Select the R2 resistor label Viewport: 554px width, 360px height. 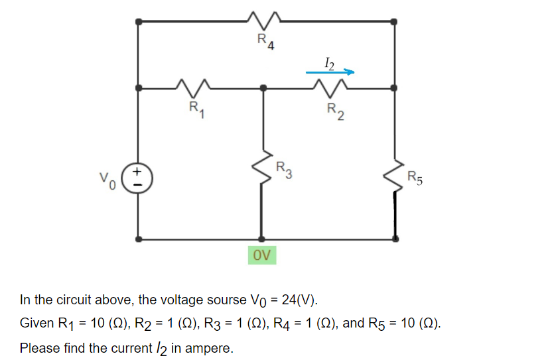335,113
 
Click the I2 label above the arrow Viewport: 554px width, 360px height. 330,62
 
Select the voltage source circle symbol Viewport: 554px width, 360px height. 138,180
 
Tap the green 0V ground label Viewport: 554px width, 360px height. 263,255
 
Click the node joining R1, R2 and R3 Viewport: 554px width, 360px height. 263,88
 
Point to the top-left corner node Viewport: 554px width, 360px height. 138,21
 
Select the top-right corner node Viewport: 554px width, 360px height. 395,21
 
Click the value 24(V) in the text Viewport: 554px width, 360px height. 299,300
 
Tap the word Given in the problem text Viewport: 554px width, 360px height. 36,324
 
